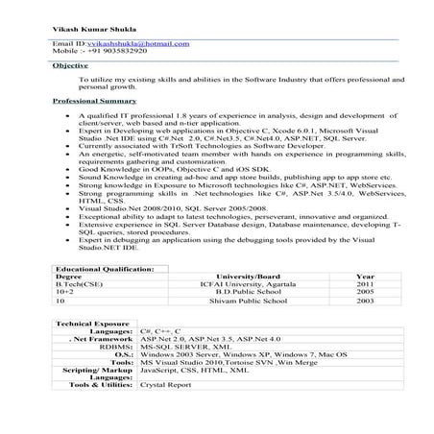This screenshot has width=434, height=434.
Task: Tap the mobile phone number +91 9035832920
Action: [100, 53]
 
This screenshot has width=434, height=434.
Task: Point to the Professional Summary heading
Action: [94, 100]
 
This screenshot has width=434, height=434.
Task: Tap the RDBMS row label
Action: [117, 348]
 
